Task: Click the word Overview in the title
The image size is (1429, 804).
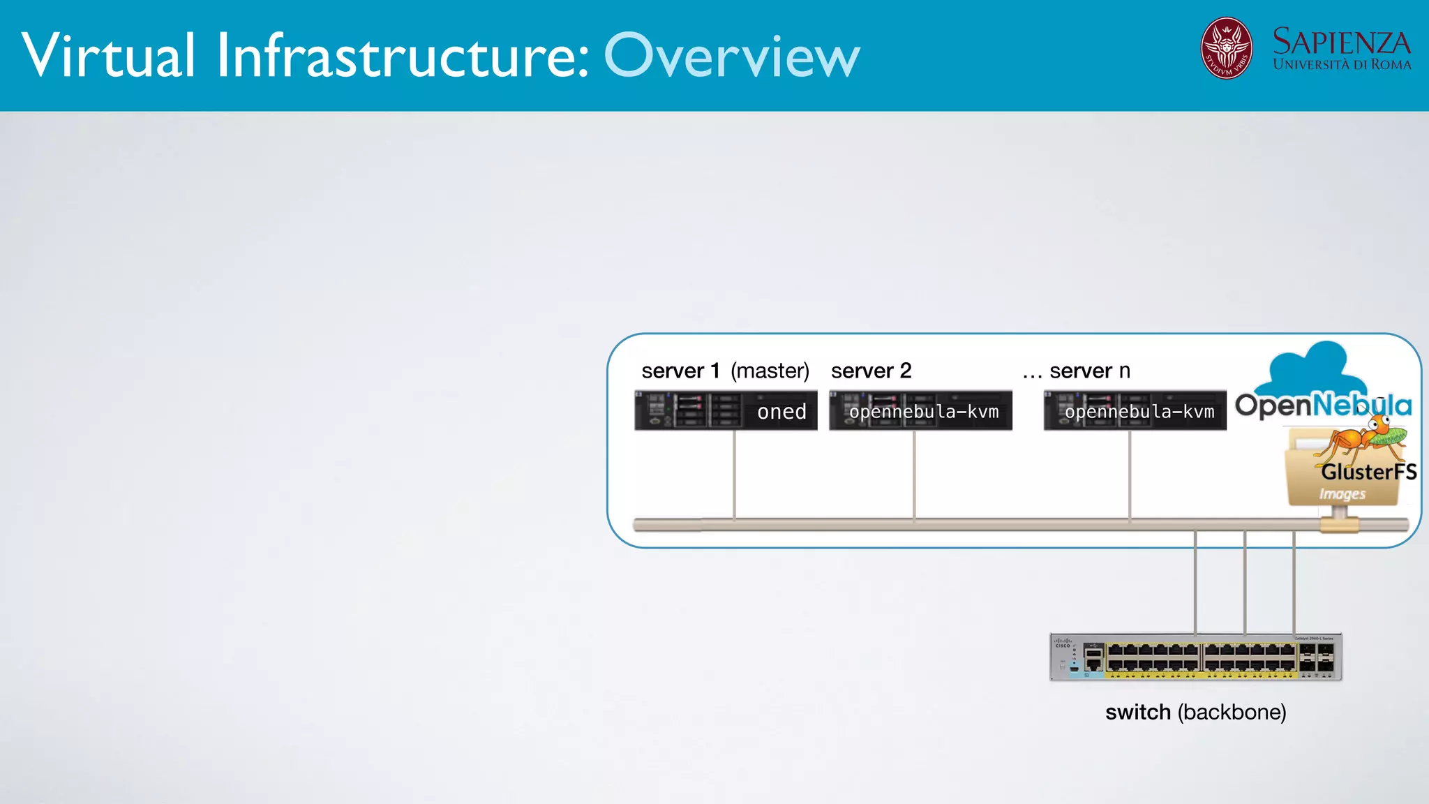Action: [731, 56]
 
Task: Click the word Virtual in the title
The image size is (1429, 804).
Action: [108, 56]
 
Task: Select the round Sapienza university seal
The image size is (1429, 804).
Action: [1226, 48]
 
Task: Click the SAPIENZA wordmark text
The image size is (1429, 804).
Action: [1341, 43]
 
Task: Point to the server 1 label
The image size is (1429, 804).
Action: [680, 371]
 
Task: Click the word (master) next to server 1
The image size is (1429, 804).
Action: [770, 371]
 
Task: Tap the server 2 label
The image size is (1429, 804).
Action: [871, 371]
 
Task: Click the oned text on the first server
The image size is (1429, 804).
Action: [781, 412]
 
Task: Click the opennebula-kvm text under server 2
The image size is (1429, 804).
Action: [924, 412]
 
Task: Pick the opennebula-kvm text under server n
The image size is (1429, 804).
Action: [1139, 412]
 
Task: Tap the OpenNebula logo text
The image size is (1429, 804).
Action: [1323, 405]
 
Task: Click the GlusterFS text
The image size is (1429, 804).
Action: [1368, 472]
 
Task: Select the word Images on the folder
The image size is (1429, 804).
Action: [1342, 494]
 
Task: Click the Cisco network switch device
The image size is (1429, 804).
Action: [1195, 657]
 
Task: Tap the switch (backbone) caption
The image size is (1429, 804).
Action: [1195, 713]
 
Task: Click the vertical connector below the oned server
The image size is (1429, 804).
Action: [734, 475]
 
